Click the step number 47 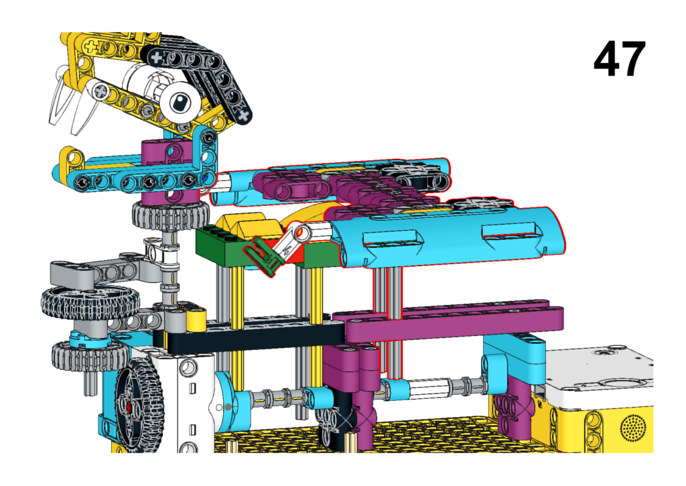[620, 59]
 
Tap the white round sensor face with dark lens [180, 103]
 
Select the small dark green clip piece [262, 255]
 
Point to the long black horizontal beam [249, 337]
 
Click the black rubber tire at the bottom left [139, 405]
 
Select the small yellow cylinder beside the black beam [196, 321]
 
